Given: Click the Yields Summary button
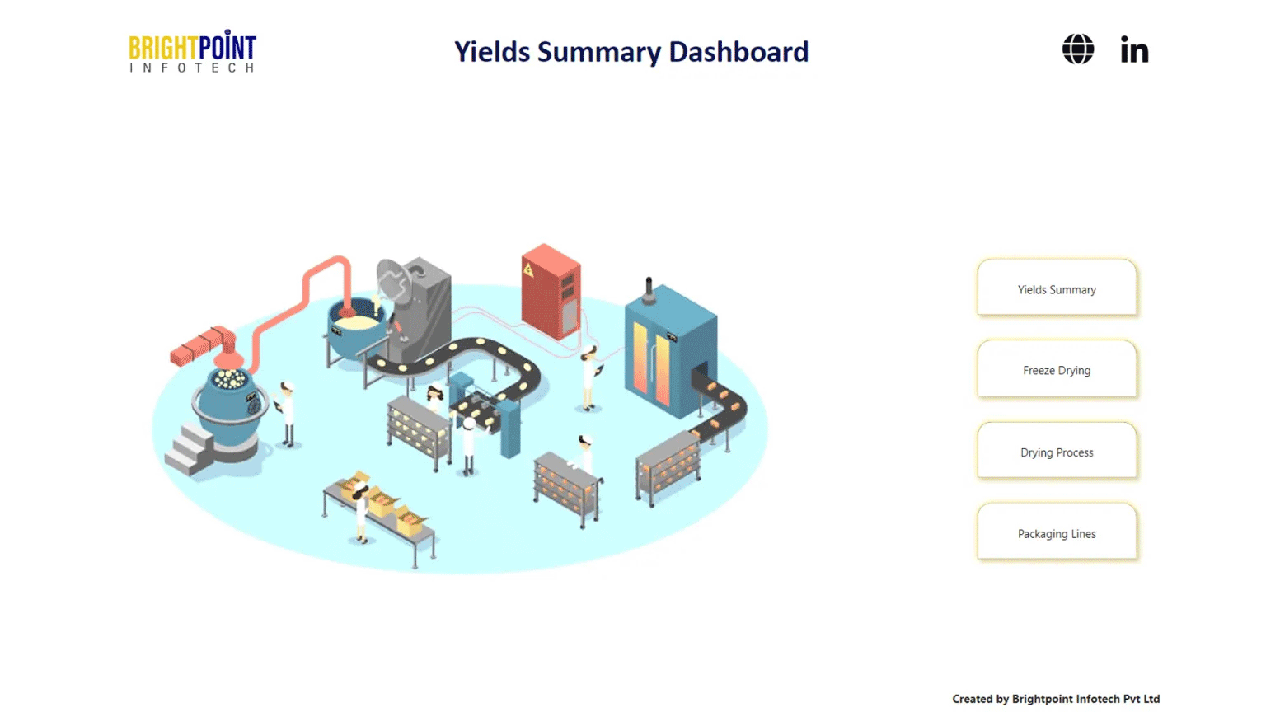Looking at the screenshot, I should click(1057, 288).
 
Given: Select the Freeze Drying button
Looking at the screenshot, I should click(1057, 369).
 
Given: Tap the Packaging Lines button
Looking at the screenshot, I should click(1057, 532).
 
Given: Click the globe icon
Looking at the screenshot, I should click(1077, 49).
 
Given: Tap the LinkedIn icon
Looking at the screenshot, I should click(1134, 50).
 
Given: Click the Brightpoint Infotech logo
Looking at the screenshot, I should click(192, 52).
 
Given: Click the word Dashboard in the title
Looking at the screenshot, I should click(738, 52).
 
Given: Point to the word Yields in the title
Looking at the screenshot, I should click(492, 52).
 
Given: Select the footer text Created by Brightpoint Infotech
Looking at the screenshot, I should click(1055, 699).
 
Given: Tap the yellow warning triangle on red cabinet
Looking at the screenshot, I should click(528, 269).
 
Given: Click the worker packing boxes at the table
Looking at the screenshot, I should click(361, 514).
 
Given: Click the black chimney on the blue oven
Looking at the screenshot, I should click(649, 289).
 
